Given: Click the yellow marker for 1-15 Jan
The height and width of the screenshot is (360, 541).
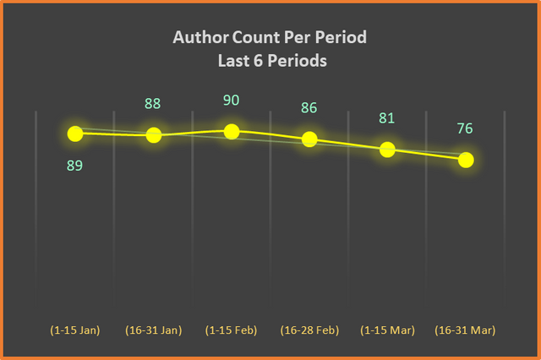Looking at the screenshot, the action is (75, 134).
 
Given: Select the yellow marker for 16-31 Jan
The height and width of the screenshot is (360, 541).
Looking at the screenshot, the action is (154, 135).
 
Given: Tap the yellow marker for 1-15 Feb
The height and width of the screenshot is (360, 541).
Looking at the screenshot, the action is (232, 132).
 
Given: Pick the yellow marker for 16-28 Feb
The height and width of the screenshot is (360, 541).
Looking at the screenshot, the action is (309, 139).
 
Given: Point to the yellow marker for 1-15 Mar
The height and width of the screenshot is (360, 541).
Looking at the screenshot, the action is (387, 150).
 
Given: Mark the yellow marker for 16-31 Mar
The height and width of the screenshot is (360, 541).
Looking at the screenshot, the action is (466, 160).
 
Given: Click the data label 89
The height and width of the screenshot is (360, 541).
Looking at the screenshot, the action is (75, 166).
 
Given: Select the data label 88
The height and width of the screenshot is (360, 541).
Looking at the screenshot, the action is (152, 103).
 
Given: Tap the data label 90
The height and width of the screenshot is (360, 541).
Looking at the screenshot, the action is (231, 100).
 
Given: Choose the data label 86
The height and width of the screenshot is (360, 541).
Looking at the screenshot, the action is (309, 107).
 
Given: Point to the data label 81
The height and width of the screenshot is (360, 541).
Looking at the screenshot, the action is (387, 118).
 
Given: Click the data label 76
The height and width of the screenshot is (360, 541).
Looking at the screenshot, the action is (465, 128).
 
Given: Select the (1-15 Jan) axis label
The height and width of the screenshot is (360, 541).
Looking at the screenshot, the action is (75, 330).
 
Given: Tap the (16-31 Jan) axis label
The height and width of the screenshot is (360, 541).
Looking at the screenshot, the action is (154, 330).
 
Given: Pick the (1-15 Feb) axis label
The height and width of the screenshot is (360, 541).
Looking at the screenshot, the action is (231, 330).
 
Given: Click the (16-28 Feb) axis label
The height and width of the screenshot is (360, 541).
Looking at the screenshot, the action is (309, 330).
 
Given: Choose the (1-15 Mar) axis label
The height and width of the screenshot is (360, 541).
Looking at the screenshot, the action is (387, 330).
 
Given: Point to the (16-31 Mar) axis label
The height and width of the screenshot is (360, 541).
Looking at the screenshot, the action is (465, 330).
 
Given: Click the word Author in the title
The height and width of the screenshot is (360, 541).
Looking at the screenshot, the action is (201, 37).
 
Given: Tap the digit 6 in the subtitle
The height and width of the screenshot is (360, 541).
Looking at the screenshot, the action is (258, 61).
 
